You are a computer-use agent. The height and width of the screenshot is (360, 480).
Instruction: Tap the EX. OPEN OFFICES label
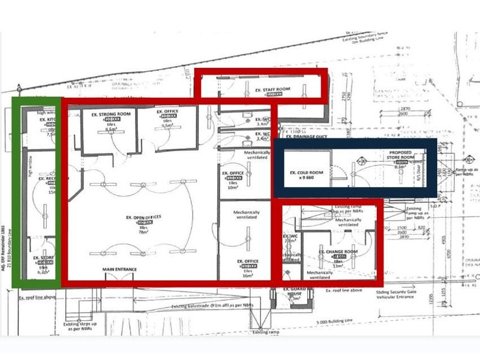pos(143,216)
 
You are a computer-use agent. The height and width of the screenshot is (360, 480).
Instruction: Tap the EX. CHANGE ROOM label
pos(338,252)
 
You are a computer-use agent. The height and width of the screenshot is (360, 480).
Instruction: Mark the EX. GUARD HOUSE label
pos(292,294)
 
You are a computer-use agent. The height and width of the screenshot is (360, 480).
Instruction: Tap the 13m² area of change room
pos(338,264)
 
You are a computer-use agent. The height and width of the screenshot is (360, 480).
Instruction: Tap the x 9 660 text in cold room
pos(307,179)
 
